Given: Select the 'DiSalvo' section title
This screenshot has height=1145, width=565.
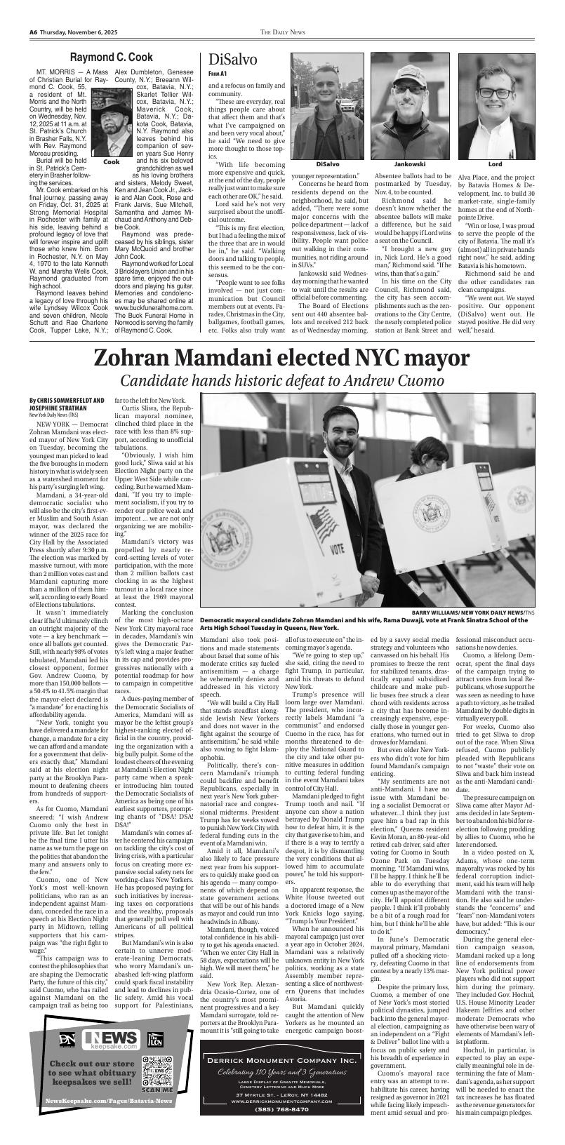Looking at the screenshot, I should pyautogui.click(x=228, y=60).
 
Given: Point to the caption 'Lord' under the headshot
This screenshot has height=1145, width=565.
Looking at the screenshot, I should pyautogui.click(x=495, y=163).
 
